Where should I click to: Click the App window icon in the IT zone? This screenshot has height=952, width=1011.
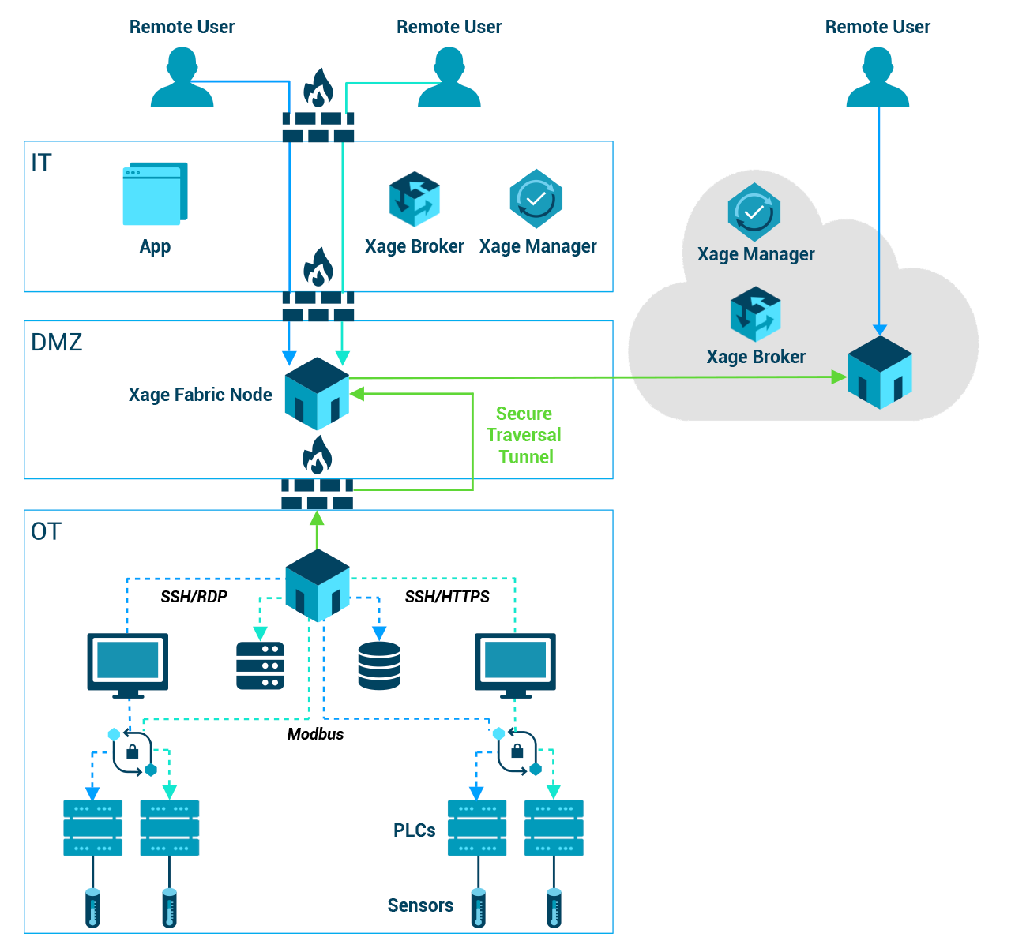pos(155,194)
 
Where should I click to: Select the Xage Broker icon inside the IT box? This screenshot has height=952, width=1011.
pos(414,200)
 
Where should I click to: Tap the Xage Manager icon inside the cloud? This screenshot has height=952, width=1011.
pos(754,212)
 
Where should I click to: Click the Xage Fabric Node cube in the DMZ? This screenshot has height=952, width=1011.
pos(317,393)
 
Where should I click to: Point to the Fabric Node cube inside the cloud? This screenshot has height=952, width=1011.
pos(879,373)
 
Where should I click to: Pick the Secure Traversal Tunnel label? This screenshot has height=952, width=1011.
pos(524,435)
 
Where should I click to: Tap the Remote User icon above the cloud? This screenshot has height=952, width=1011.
pos(878,77)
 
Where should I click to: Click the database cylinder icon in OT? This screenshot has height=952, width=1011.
pos(379,665)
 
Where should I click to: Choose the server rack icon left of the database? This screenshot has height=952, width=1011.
pos(260,665)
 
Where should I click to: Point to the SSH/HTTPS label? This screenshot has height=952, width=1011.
pos(447,597)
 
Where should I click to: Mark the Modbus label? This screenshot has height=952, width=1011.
pos(315,734)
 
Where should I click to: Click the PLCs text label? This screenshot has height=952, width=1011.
pos(415,830)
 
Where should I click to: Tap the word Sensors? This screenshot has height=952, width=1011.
pos(420,905)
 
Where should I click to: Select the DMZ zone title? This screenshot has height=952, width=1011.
pos(56,342)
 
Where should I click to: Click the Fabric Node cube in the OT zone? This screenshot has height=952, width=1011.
pos(318,585)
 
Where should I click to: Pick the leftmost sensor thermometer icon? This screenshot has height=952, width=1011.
pos(92,908)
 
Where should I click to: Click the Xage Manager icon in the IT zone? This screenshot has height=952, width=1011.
pos(536,199)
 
